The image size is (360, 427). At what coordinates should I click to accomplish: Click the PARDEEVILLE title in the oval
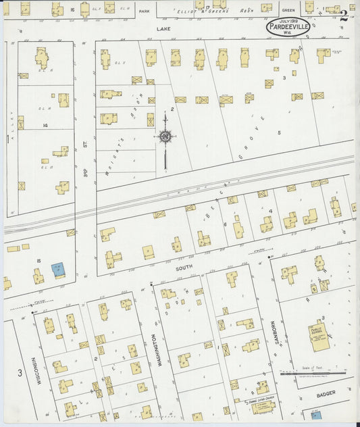pos(288,26)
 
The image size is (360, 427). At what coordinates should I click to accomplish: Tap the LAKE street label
pos(160,30)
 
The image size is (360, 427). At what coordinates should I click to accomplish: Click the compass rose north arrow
pos(164,136)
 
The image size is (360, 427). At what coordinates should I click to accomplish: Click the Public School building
pos(317,335)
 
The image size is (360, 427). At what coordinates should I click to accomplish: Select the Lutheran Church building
pos(263,405)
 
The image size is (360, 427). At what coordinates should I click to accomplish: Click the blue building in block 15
pos(58,269)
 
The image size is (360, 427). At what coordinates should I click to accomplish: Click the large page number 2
pos(344,16)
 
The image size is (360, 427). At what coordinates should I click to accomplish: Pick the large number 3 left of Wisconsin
pos(20,373)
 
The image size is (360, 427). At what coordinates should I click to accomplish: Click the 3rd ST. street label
pos(86,163)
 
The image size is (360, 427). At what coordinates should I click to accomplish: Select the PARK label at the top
pos(143,11)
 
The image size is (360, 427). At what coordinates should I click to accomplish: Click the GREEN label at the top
pos(288,10)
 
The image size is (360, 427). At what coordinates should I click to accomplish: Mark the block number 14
pos(45,125)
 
